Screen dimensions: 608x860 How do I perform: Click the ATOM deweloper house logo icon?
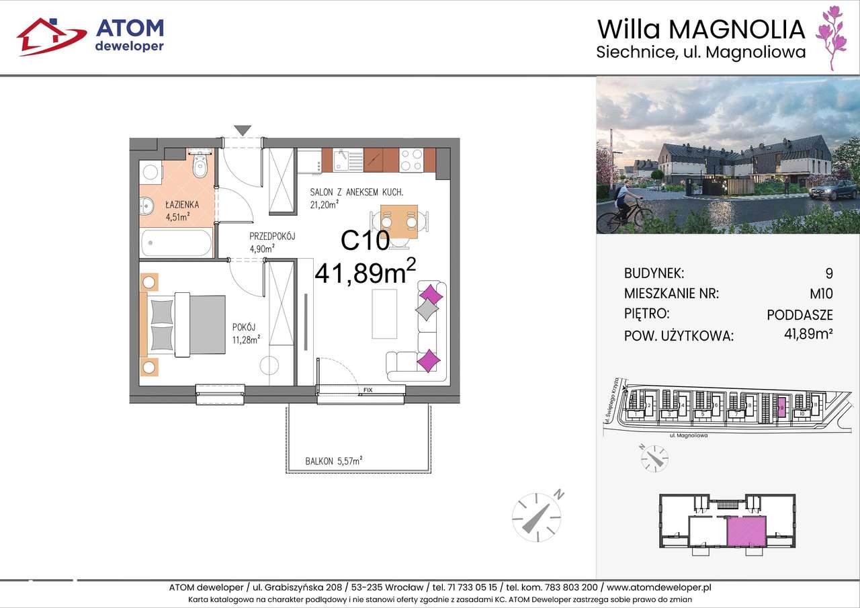click(x=51, y=36)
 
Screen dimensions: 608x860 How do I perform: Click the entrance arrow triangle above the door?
click(x=243, y=130)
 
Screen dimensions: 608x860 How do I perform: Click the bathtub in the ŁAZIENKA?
click(x=176, y=243)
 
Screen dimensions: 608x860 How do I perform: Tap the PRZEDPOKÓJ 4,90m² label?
click(x=271, y=243)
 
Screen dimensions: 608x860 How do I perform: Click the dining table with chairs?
click(x=398, y=221)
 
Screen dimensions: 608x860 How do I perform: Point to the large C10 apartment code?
click(x=365, y=241)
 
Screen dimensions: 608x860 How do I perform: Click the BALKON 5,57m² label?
click(x=334, y=461)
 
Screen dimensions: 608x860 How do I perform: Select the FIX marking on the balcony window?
click(x=368, y=390)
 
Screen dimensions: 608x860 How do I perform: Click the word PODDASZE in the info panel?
click(x=800, y=314)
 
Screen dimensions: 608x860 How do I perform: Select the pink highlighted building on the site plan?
click(x=781, y=407)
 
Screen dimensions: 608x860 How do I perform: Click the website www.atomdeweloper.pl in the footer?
click(x=658, y=587)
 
